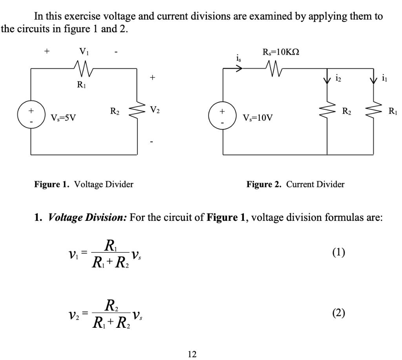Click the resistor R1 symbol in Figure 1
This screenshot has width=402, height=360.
(84, 68)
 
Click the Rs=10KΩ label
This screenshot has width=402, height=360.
(281, 53)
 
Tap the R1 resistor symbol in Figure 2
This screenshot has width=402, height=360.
(373, 111)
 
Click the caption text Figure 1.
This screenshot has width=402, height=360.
(51, 184)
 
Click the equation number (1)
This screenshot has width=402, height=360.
(338, 252)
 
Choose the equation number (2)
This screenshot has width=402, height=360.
(338, 313)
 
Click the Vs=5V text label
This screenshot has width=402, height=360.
(63, 118)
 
